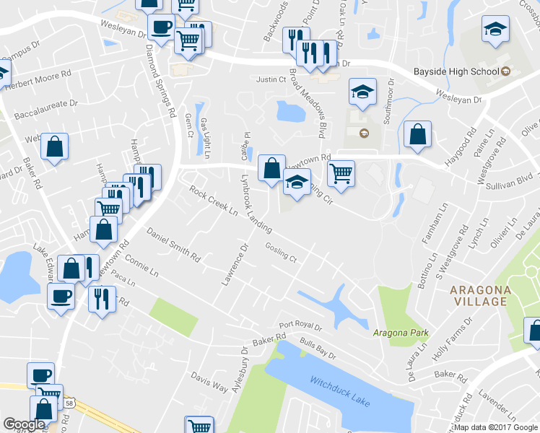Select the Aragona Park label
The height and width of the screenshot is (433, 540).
click(401, 333)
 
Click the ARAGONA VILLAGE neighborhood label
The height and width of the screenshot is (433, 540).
click(480, 296)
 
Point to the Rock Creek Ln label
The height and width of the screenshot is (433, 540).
click(214, 202)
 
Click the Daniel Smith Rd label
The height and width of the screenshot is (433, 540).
click(173, 244)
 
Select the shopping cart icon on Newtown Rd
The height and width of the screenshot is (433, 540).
click(341, 172)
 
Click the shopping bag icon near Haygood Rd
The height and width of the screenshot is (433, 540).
click(417, 134)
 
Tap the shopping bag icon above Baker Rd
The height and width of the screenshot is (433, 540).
click(55, 146)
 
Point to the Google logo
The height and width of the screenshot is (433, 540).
click(23, 424)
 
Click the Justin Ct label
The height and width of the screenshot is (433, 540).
click(271, 80)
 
